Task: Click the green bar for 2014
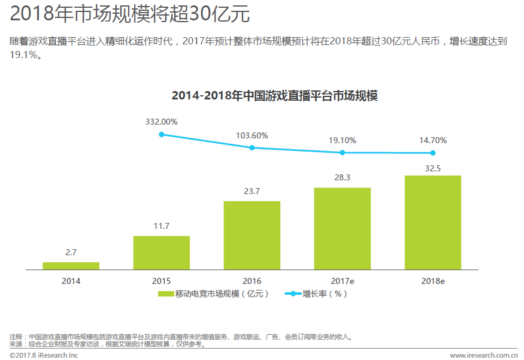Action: tap(71, 265)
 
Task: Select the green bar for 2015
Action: tap(161, 252)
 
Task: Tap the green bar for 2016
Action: tap(252, 235)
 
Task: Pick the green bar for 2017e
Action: tap(342, 228)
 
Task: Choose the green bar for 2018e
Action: tap(432, 222)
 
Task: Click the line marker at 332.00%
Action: tap(161, 134)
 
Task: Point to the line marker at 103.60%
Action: tap(252, 147)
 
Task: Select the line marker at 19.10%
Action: tap(342, 152)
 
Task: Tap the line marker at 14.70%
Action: tap(432, 153)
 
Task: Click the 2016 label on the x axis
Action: tap(252, 280)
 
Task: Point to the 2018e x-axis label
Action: tap(432, 280)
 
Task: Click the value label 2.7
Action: tap(71, 252)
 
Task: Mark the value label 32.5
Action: tap(432, 168)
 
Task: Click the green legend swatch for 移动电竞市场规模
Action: tap(165, 294)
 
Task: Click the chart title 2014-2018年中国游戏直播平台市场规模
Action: tap(274, 95)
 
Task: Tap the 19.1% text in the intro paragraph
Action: tap(25, 55)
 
